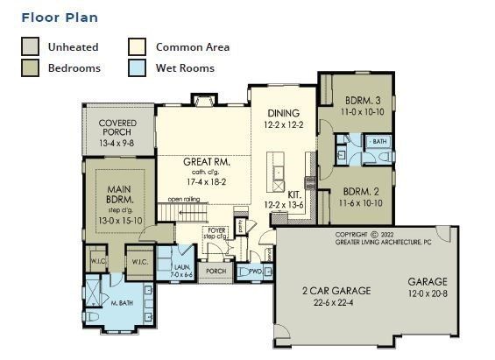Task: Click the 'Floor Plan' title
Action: coord(60,17)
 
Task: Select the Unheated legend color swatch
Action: coord(31,47)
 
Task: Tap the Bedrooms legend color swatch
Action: coord(31,67)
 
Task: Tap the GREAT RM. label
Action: coord(205,162)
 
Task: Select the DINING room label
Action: coord(284,113)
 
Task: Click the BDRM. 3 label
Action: coord(360,102)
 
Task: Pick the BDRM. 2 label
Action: coord(360,191)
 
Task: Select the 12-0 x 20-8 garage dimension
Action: coord(427,293)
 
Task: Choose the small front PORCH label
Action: coord(216,272)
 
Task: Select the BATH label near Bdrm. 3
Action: coord(379,140)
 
